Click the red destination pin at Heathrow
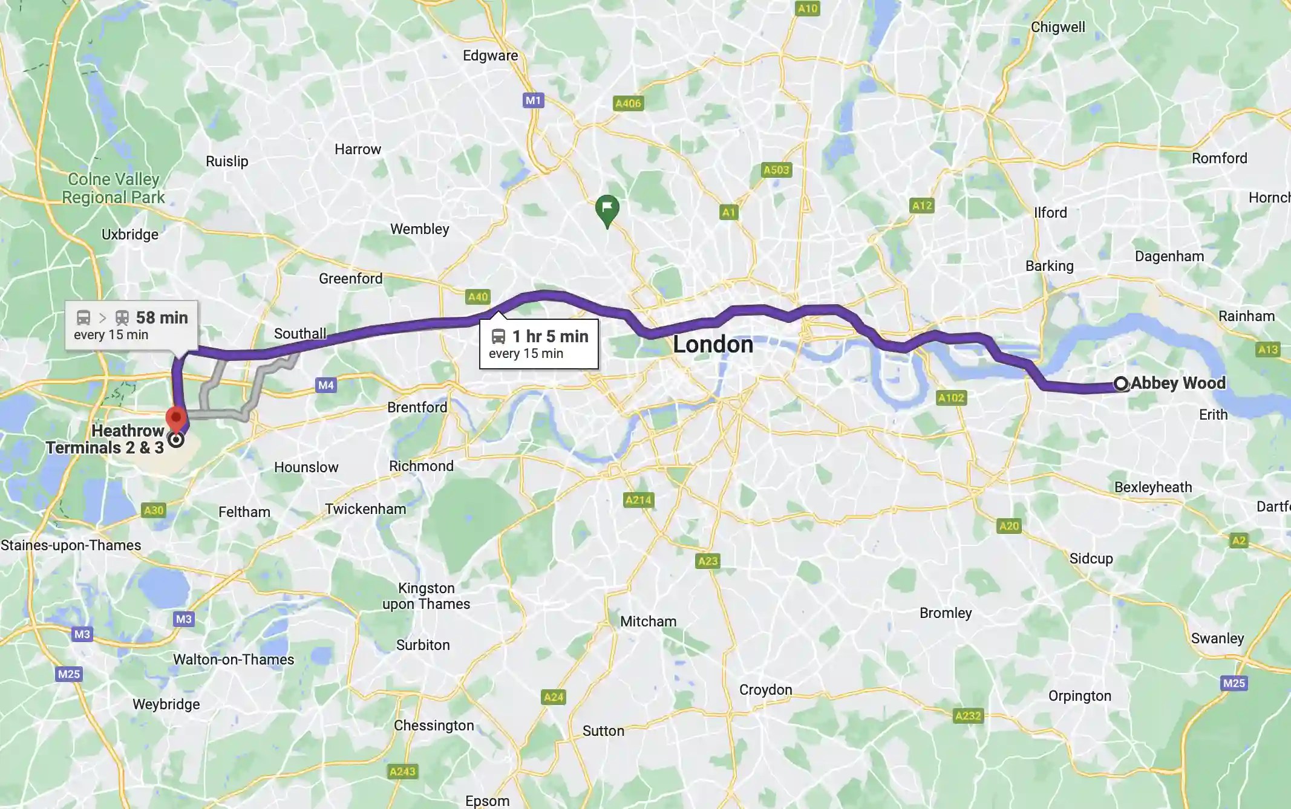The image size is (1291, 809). click(x=176, y=419)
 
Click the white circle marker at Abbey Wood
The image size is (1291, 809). click(x=1121, y=383)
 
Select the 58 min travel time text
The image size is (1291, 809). click(x=162, y=317)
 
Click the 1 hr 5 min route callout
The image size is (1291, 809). click(x=538, y=344)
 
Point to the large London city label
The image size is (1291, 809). click(x=713, y=345)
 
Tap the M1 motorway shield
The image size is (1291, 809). click(x=533, y=100)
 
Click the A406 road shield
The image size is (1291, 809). click(x=628, y=103)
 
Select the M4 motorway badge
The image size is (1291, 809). click(x=325, y=385)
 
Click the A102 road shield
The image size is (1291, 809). click(x=951, y=398)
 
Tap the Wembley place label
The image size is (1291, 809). click(x=419, y=229)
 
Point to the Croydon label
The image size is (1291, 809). click(x=765, y=690)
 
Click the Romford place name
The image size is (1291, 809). click(x=1219, y=158)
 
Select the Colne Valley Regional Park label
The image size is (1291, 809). click(x=113, y=189)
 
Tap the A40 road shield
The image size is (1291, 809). click(x=478, y=297)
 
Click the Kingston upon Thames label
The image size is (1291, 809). click(x=426, y=596)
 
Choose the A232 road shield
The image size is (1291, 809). click(x=968, y=716)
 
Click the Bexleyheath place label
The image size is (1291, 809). click(x=1152, y=487)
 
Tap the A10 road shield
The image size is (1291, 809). click(x=807, y=8)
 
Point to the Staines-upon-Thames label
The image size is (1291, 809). click(x=71, y=545)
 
